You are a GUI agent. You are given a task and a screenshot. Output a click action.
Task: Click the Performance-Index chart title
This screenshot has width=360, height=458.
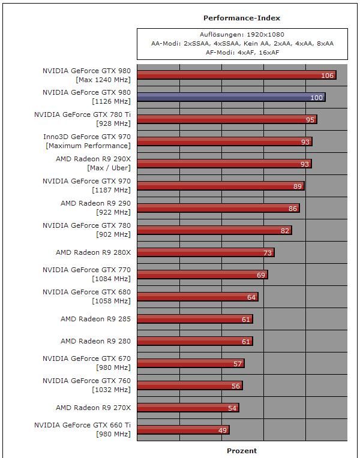pos(242,18)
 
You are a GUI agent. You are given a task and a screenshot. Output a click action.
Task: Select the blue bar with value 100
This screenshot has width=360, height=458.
pos(231,97)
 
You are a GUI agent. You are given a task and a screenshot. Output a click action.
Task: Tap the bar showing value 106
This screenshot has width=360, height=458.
pos(236,75)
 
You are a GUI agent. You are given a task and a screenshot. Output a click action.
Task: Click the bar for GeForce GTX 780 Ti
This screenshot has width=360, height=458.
pos(227,119)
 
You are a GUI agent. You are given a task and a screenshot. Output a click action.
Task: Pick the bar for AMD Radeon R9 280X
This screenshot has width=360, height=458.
pos(205,252)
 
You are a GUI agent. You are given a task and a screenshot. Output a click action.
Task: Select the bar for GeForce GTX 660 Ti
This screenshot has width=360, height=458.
pos(183,430)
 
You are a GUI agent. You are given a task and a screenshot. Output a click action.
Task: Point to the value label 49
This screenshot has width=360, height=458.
pos(222,430)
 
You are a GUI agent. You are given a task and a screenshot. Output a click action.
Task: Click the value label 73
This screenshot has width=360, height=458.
pos(268,253)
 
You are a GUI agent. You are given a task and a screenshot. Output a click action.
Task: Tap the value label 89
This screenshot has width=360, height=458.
pos(298,186)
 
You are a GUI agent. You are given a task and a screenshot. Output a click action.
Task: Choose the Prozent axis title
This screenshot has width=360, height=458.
pos(242,451)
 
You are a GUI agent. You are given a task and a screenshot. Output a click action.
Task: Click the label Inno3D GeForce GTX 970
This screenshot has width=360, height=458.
pos(87,137)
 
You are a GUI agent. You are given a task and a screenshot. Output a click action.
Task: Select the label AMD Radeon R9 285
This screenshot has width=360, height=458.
pos(95,319)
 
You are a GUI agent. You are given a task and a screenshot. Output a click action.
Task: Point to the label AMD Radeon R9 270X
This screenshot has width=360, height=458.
pos(93,408)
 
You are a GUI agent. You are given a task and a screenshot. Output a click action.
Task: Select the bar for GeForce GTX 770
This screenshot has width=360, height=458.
pos(202,275)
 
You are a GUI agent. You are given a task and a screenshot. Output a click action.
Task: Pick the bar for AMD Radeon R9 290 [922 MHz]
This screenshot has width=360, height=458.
pos(218,208)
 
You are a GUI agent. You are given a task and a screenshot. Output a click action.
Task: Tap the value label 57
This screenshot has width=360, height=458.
pos(238,364)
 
